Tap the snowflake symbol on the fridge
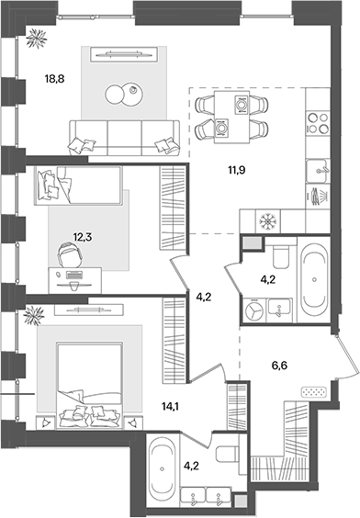pos(269,221)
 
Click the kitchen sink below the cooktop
pos(318,167)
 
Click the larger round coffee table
pos(117,95)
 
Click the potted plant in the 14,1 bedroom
pos(33,315)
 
